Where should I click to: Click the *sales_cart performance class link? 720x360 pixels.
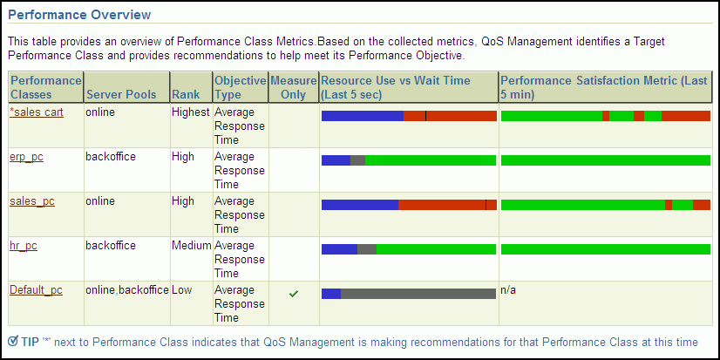tap(37, 112)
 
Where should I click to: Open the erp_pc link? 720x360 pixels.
tap(27, 157)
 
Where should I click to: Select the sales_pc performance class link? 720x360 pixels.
tap(32, 201)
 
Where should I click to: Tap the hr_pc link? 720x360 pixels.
tap(24, 246)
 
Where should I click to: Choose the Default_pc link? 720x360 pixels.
tap(37, 290)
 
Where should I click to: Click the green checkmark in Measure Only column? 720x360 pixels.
tap(294, 294)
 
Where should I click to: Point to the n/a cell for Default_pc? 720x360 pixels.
tap(508, 290)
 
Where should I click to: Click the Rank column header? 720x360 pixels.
tap(186, 95)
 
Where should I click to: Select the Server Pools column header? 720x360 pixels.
tap(121, 95)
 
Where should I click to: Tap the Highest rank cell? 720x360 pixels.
tap(191, 112)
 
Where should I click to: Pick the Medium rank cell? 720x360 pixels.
tap(192, 246)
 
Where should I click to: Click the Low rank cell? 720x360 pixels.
tap(182, 290)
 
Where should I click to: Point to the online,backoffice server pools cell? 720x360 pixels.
tap(127, 290)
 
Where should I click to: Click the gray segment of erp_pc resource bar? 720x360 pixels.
tap(357, 160)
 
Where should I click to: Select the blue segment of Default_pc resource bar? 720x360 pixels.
tap(331, 294)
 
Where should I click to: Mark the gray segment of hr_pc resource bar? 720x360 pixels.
tap(367, 249)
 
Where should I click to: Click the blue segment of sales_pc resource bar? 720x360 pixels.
tap(360, 205)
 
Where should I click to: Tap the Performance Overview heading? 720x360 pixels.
tap(79, 15)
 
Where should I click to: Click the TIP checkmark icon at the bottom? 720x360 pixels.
tap(13, 341)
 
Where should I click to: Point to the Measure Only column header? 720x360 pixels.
tap(293, 88)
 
